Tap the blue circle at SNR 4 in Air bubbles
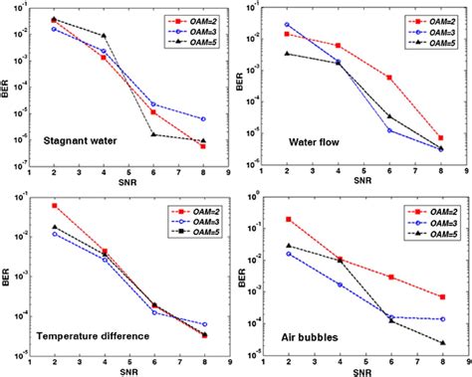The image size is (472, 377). (x=339, y=284)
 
